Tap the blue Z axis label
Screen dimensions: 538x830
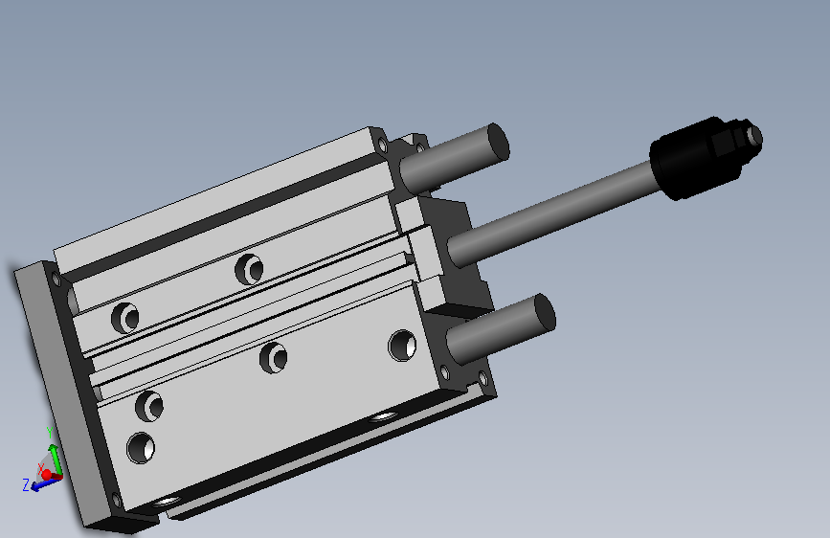click(26, 485)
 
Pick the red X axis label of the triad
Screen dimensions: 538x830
click(40, 468)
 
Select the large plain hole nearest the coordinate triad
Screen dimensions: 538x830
click(142, 447)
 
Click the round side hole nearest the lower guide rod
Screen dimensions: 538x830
click(402, 345)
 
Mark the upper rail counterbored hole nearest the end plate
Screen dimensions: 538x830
click(124, 315)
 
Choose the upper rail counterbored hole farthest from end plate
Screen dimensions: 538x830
click(250, 269)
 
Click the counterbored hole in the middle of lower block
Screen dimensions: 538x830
click(276, 358)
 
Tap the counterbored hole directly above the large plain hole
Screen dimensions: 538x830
click(149, 405)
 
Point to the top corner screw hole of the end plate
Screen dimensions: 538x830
click(56, 279)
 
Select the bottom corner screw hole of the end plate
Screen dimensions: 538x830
click(117, 500)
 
